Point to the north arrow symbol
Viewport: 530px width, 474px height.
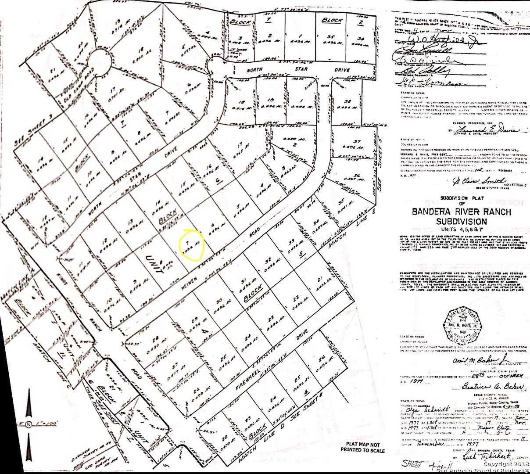pos(29,413)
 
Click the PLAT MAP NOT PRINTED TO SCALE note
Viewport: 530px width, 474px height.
pos(362,448)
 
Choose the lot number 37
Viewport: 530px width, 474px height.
pos(357,141)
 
